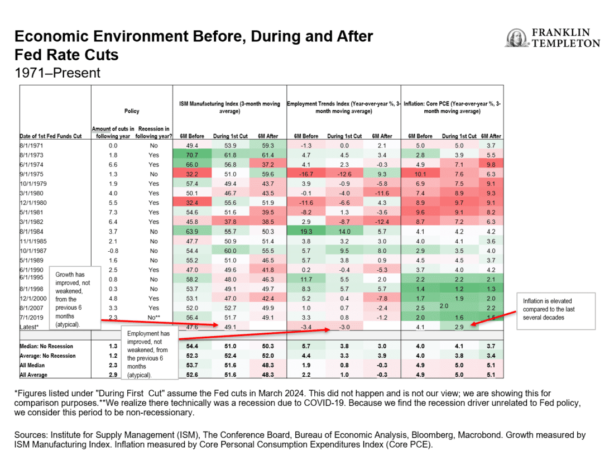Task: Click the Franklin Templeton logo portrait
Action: [x=516, y=38]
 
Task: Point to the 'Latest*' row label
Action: [x=30, y=327]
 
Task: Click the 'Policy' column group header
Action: [x=132, y=111]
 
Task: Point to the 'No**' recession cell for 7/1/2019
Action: [x=152, y=317]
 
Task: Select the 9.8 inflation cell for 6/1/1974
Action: [x=490, y=164]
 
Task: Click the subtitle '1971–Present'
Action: [x=57, y=73]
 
